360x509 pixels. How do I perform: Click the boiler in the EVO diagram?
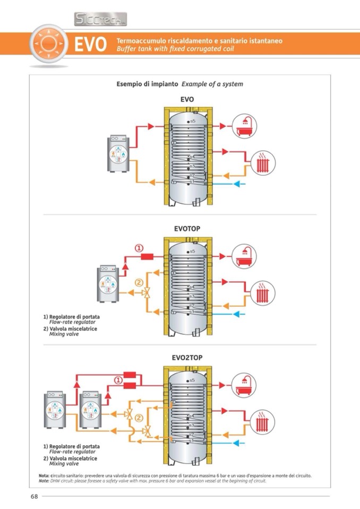click(118, 154)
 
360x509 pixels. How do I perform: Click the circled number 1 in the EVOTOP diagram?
click(139, 248)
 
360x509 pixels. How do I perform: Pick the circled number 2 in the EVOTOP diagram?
click(139, 283)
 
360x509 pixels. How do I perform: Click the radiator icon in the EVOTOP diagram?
click(262, 294)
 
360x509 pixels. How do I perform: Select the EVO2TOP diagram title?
click(187, 358)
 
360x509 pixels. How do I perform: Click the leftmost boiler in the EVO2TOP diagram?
click(56, 410)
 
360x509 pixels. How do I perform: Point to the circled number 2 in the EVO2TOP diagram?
click(139, 418)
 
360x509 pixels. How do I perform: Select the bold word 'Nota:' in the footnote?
click(44, 476)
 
